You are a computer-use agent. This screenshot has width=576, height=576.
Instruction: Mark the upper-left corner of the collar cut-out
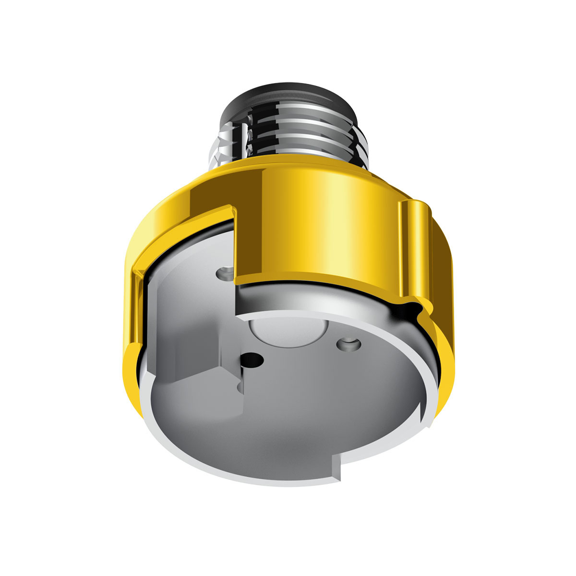230,209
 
